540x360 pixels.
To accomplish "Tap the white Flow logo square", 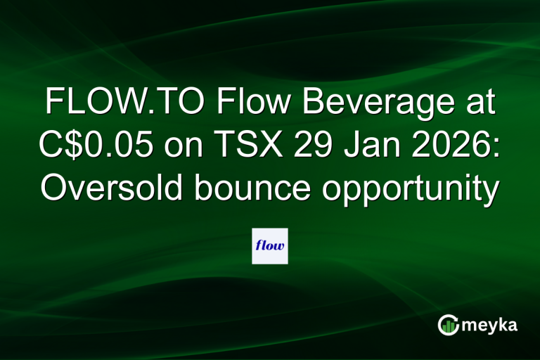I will (x=270, y=245).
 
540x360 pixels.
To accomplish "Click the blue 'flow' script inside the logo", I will (x=270, y=246).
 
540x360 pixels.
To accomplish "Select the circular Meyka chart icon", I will (x=448, y=326).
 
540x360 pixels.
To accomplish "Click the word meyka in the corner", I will (x=489, y=326).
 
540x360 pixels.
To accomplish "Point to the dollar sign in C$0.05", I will (x=76, y=147).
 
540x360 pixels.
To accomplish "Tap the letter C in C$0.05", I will (x=54, y=147).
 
